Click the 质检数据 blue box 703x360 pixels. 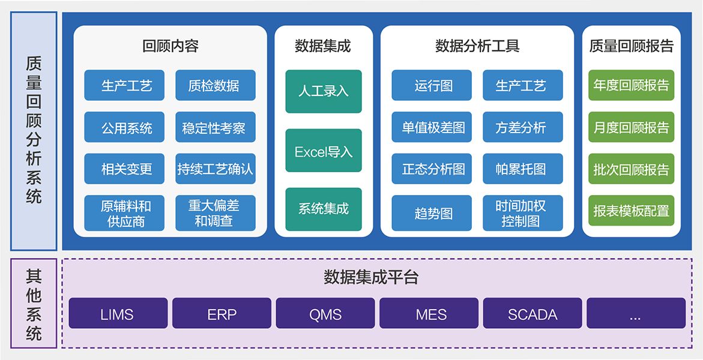point(215,85)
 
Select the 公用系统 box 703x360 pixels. point(124,127)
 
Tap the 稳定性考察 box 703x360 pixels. point(215,127)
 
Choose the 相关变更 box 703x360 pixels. point(124,169)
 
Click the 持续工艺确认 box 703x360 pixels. point(215,169)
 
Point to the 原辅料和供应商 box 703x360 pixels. point(124,213)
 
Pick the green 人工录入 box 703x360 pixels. point(323,91)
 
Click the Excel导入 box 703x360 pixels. point(323,151)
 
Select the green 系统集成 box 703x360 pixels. point(323,209)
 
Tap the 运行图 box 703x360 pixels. point(432,85)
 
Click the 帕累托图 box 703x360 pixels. point(522,169)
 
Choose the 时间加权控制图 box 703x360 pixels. point(522,213)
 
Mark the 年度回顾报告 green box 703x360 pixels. point(631,85)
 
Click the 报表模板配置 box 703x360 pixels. point(631,211)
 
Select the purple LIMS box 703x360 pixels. point(118,313)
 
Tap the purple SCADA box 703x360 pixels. point(532,313)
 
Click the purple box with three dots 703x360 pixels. point(636,313)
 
